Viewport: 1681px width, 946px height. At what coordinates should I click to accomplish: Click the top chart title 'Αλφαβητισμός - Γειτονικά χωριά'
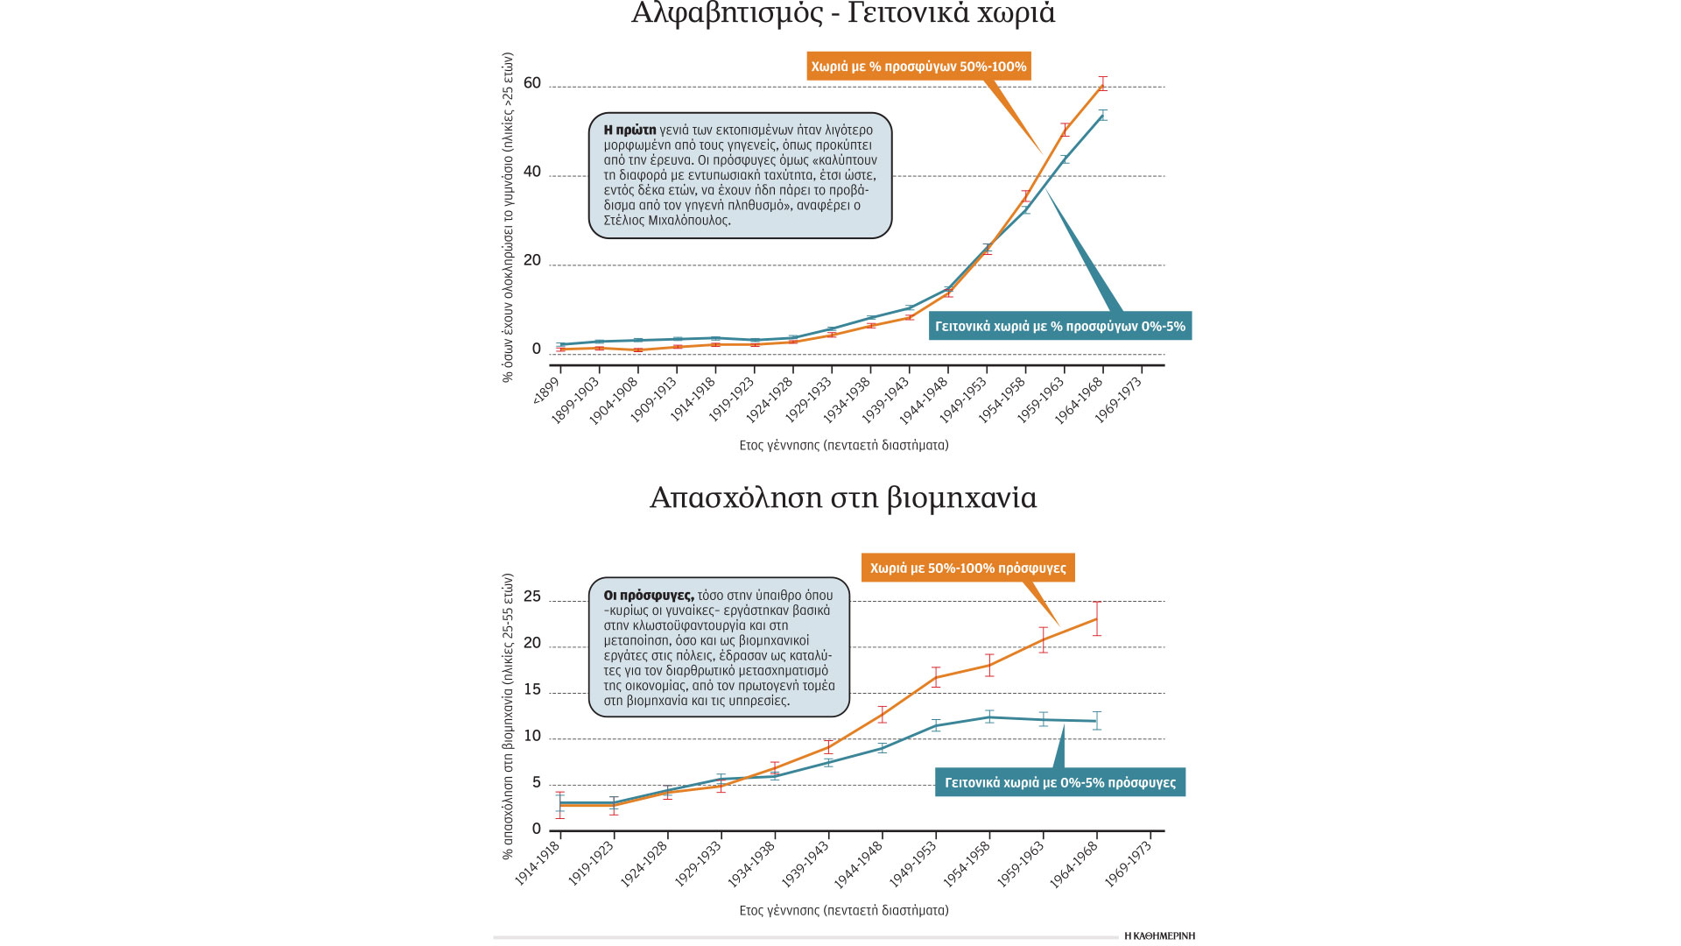coord(842,14)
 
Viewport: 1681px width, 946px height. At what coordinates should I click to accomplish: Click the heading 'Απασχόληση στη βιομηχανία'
coord(842,498)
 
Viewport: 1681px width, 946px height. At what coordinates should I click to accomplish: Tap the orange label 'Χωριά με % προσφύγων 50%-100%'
coord(918,67)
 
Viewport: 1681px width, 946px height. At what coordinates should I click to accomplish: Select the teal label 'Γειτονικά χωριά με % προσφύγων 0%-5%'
coord(1059,327)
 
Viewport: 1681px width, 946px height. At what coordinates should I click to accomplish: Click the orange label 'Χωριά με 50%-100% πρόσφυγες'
coord(967,568)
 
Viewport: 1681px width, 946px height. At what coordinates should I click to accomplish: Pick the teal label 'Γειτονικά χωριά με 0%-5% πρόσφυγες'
coord(1059,783)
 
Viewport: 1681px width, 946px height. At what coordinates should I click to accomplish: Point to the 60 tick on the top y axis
coord(532,84)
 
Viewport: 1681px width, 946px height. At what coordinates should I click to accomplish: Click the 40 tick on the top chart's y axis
coord(532,173)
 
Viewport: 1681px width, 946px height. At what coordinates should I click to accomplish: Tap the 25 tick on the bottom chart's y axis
coord(532,597)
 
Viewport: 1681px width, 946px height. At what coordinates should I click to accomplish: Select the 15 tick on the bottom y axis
coord(532,690)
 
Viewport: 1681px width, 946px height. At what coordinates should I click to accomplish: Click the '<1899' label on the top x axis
coord(546,391)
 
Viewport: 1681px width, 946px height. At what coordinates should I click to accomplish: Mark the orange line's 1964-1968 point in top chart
coord(1103,84)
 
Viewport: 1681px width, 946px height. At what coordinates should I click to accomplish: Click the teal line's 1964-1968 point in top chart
coord(1103,115)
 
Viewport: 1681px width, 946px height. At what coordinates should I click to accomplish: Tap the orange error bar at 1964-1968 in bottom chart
coord(1097,618)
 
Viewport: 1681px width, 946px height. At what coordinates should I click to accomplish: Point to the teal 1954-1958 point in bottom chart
coord(989,717)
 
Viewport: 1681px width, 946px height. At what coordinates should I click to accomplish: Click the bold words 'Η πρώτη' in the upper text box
coord(629,131)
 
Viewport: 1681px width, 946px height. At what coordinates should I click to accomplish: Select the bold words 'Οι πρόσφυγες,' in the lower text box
coord(649,596)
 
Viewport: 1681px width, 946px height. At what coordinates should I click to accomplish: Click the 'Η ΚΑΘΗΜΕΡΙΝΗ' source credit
coord(1159,936)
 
